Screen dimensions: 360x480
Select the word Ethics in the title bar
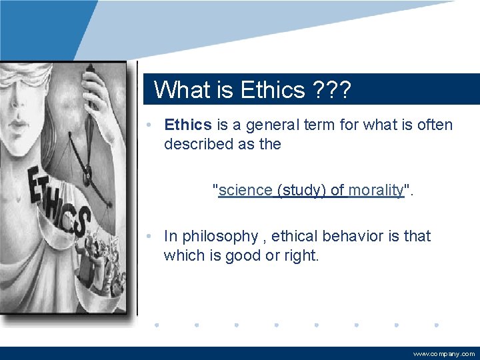pyautogui.click(x=272, y=89)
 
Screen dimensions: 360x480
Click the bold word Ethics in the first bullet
pyautogui.click(x=188, y=125)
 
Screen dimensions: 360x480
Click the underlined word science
pyautogui.click(x=245, y=190)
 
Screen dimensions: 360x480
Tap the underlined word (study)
pyautogui.click(x=302, y=190)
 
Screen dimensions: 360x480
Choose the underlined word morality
pyautogui.click(x=376, y=190)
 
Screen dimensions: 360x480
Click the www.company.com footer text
pyautogui.click(x=444, y=354)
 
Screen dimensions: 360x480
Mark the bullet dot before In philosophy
pyautogui.click(x=152, y=237)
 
